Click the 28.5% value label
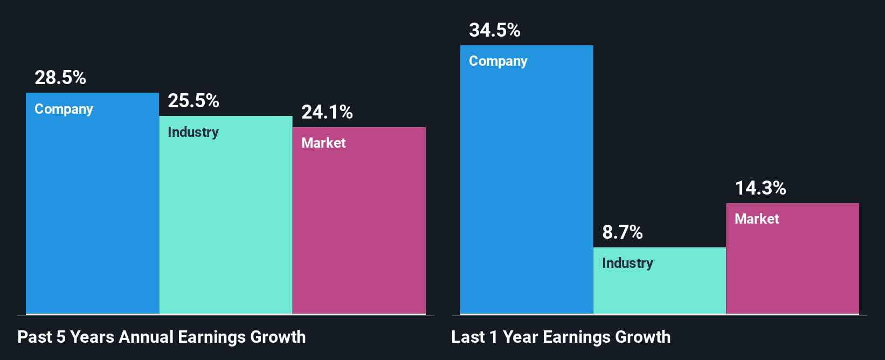[x=60, y=78]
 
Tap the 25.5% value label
[x=193, y=101]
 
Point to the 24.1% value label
[x=327, y=112]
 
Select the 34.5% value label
[x=494, y=30]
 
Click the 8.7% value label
[x=622, y=232]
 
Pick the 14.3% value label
[x=760, y=188]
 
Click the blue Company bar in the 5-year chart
[x=92, y=216]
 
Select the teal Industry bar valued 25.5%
[x=226, y=226]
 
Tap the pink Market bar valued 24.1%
[x=359, y=232]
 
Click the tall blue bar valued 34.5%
[x=527, y=189]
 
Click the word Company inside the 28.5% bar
[x=64, y=109]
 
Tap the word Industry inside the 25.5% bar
[x=193, y=132]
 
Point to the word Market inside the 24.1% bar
[x=323, y=143]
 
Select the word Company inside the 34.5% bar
[x=498, y=61]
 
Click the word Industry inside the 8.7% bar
[x=627, y=263]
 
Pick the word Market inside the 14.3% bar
[x=757, y=219]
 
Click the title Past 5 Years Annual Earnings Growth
[x=162, y=337]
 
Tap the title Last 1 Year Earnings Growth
[x=561, y=337]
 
